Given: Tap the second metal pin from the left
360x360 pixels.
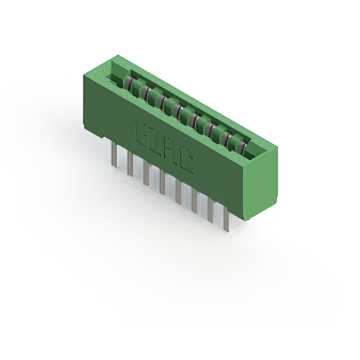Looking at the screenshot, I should click(x=130, y=164).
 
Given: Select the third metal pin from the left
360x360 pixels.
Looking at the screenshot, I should click(x=146, y=173).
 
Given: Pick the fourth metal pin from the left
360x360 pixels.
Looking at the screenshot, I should click(x=162, y=183).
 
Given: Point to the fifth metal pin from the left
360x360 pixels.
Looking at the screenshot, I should click(x=178, y=192).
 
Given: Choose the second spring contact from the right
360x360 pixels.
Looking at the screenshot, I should click(x=229, y=141).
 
